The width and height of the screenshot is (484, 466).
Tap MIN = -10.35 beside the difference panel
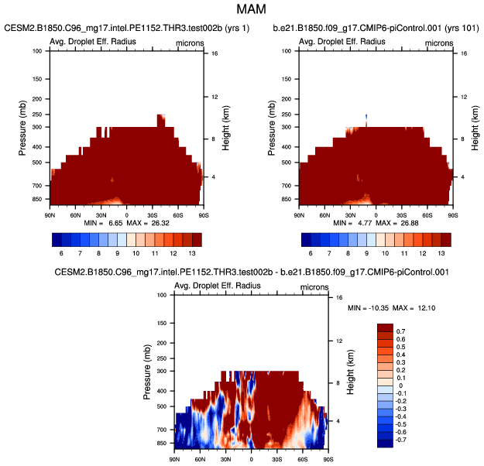tap(365, 309)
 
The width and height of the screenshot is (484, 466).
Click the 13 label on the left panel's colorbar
tap(196, 252)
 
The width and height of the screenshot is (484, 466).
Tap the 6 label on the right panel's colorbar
tap(311, 252)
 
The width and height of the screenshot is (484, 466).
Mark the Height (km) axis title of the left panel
tap(225, 128)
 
